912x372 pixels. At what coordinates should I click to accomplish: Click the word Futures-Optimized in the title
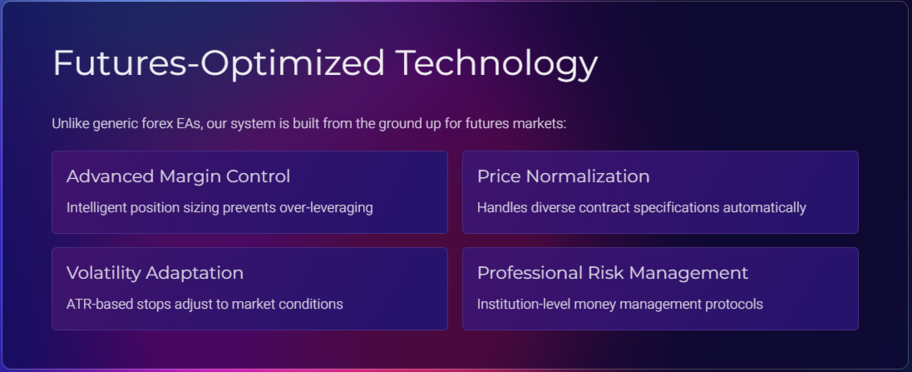pyautogui.click(x=219, y=63)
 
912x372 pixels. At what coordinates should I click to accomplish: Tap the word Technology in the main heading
pyautogui.click(x=496, y=63)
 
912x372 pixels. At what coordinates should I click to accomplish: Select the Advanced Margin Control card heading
pyautogui.click(x=178, y=176)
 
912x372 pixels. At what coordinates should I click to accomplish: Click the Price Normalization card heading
pyautogui.click(x=563, y=176)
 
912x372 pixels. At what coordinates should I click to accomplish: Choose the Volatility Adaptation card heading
pyautogui.click(x=155, y=273)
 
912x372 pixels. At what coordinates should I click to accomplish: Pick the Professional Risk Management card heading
pyautogui.click(x=613, y=273)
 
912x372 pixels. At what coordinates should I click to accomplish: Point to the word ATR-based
pyautogui.click(x=100, y=305)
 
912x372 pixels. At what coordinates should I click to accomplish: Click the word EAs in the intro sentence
pyautogui.click(x=190, y=124)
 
